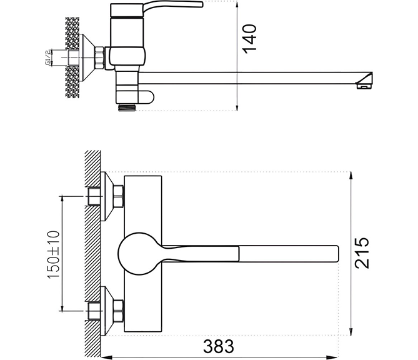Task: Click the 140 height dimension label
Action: [249, 39]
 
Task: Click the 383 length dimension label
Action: [219, 346]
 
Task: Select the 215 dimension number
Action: [362, 252]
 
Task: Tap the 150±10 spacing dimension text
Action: [54, 254]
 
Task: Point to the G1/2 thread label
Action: [47, 57]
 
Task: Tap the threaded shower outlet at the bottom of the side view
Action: [127, 107]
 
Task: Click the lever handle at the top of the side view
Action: [172, 6]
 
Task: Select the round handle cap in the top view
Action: [139, 253]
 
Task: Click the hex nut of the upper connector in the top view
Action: [119, 196]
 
